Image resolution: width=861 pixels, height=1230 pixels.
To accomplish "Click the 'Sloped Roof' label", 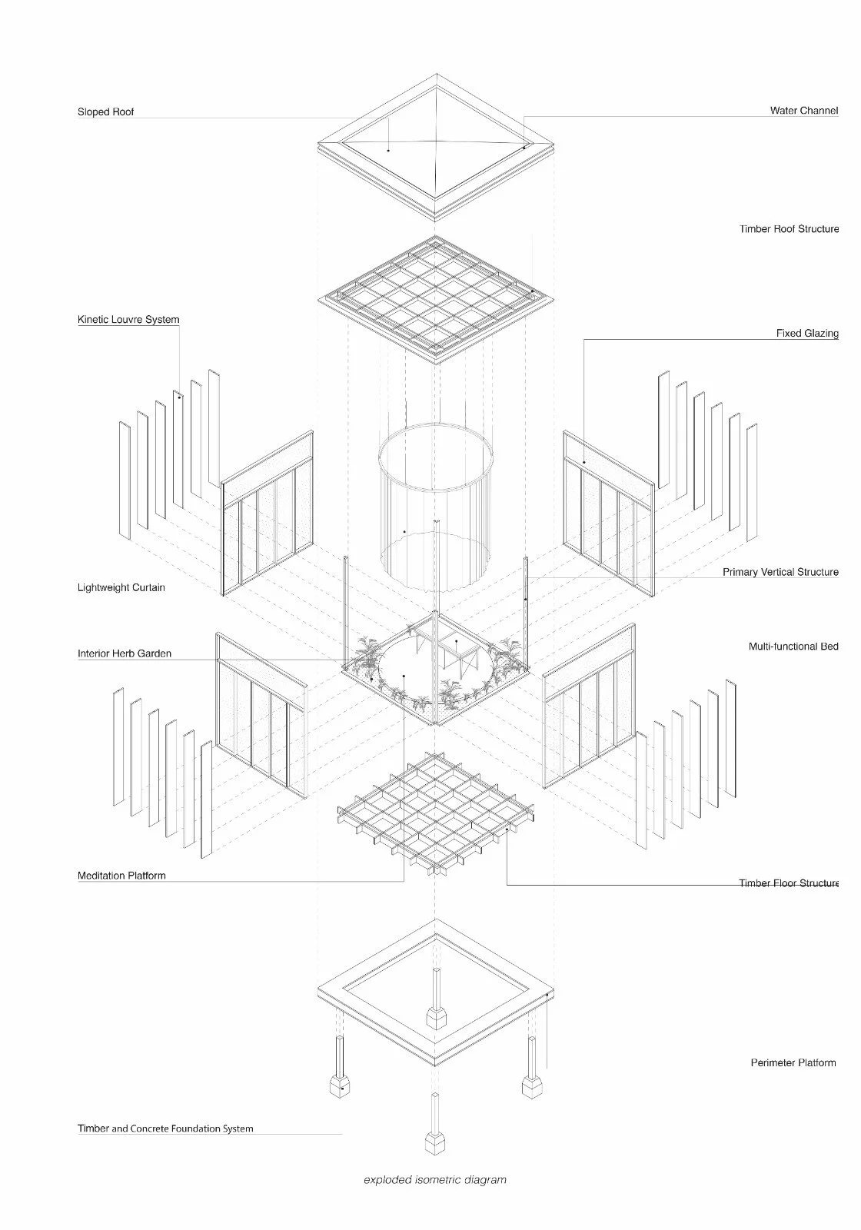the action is point(105,112).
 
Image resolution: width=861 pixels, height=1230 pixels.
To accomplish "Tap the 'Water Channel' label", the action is point(803,111).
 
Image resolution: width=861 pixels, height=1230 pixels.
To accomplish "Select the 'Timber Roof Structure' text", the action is point(789,229).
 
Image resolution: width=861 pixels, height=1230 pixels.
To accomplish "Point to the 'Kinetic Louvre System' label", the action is point(128,320).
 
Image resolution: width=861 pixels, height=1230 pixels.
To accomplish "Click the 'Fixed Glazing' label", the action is point(806,334).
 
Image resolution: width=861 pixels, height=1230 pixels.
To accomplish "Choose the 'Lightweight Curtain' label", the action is point(121,588).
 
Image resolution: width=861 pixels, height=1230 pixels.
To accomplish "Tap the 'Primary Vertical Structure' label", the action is point(780,573).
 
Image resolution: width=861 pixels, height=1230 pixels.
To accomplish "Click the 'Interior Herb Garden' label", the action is point(125,654).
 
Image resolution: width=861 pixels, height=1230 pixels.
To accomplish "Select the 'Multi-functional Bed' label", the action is point(793,647).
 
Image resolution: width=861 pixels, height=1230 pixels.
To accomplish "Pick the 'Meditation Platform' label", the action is point(121,876).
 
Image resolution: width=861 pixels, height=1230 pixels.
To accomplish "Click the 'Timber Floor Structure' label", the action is point(789,884).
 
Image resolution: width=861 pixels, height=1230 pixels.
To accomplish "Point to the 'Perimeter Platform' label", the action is point(793,1063).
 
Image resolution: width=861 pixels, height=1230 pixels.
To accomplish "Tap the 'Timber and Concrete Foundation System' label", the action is point(165,1129).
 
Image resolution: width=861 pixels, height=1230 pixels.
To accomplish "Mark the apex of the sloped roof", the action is point(436,141).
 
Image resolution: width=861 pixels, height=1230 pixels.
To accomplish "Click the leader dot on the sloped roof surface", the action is point(388,150).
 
